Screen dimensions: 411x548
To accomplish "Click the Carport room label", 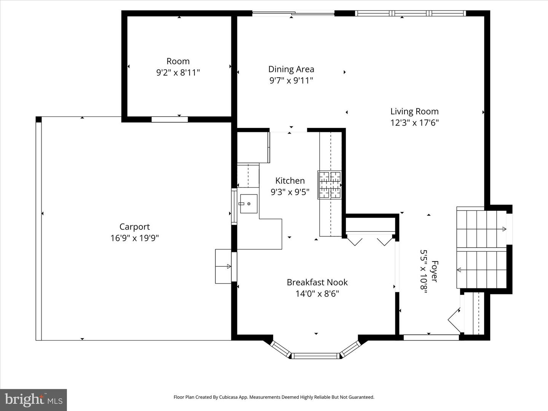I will pyautogui.click(x=134, y=227).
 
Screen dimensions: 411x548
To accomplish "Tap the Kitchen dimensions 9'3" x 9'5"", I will pyautogui.click(x=290, y=192).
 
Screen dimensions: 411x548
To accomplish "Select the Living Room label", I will pyautogui.click(x=414, y=112).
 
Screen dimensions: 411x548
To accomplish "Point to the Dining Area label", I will pyautogui.click(x=291, y=69).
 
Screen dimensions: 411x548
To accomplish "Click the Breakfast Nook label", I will pyautogui.click(x=317, y=282).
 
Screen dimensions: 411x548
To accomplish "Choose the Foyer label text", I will pyautogui.click(x=435, y=271).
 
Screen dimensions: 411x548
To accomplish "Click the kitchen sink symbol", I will pyautogui.click(x=249, y=204).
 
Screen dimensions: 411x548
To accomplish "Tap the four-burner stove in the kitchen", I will pyautogui.click(x=330, y=185).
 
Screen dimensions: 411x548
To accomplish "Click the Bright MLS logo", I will pyautogui.click(x=33, y=400).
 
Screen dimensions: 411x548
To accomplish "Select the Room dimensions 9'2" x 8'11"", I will pyautogui.click(x=178, y=73).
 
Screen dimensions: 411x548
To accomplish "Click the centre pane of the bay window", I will pyautogui.click(x=315, y=356).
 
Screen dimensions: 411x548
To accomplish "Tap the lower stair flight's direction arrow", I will pyautogui.click(x=459, y=270).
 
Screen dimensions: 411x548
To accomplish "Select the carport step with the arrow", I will pyautogui.click(x=223, y=266).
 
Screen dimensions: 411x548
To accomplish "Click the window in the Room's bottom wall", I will pyautogui.click(x=170, y=119).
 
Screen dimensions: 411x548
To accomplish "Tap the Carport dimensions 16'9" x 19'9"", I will pyautogui.click(x=134, y=238).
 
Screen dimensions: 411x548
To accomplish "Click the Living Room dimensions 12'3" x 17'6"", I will pyautogui.click(x=414, y=123).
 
